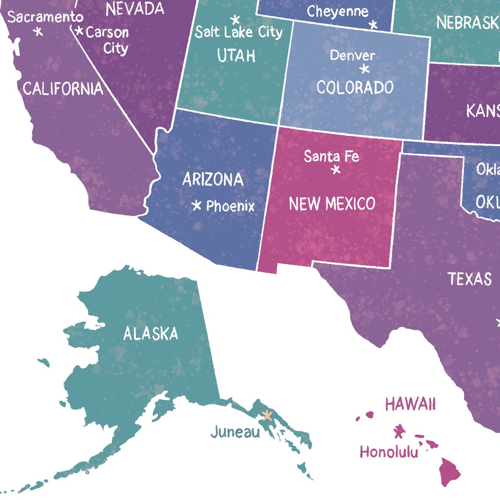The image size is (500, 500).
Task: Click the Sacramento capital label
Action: [x=45, y=17]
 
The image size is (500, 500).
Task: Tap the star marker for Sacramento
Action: [x=39, y=32]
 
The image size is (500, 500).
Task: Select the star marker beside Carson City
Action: [x=79, y=31]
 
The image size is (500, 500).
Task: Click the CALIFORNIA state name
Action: [x=63, y=89]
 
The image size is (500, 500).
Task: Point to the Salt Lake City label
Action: [x=239, y=32]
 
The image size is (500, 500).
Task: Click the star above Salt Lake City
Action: [x=236, y=19]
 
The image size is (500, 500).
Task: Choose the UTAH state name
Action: [x=236, y=56]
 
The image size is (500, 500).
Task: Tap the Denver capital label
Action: [x=353, y=55]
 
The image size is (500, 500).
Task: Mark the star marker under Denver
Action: [x=364, y=69]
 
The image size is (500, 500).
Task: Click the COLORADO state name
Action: [x=355, y=87]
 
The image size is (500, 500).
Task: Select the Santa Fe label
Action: [x=332, y=156]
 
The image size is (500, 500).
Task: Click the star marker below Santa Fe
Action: [x=336, y=170]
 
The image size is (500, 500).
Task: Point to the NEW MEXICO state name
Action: [x=332, y=204]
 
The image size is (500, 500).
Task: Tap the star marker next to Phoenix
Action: [x=197, y=205]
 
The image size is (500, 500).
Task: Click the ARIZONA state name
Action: [x=213, y=179]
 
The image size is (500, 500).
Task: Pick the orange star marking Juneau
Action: [x=267, y=415]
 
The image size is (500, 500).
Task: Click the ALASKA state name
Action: [x=150, y=334]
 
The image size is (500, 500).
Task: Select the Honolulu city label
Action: [x=389, y=451]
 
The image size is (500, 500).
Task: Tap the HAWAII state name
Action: [x=411, y=404]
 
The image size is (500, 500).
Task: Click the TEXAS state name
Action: [x=470, y=279]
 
